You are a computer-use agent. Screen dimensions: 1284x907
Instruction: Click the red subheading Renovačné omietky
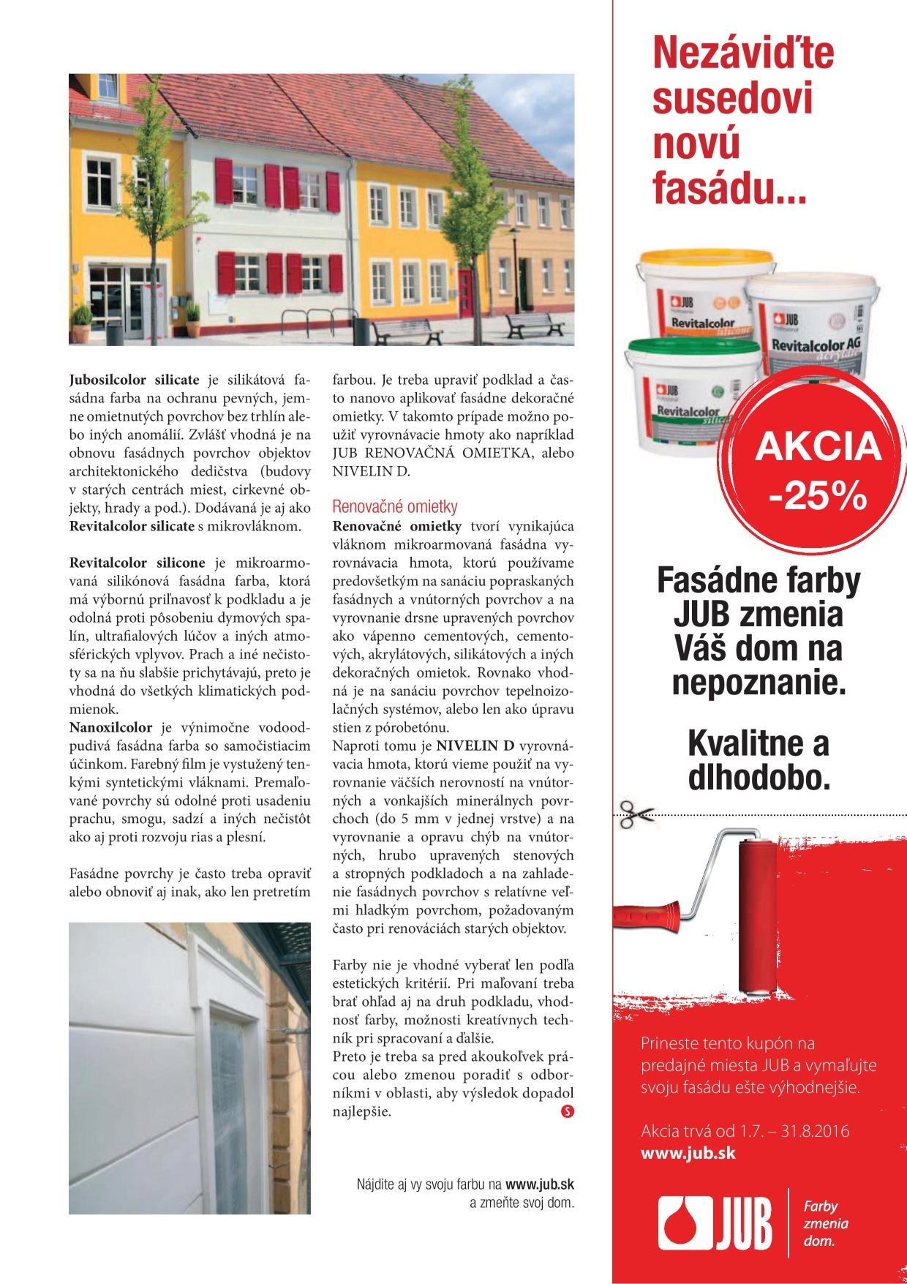395,506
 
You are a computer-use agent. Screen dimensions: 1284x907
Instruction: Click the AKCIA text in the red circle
818,446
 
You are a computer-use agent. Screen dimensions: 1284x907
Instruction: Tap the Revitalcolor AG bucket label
815,345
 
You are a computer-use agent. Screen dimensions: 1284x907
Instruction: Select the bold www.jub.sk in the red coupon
688,1154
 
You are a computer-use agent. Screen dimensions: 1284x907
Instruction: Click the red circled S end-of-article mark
568,1111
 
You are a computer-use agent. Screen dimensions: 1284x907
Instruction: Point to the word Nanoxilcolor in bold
110,728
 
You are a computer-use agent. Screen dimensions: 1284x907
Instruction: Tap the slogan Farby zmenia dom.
825,1223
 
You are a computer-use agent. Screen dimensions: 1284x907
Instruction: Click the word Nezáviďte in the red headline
742,53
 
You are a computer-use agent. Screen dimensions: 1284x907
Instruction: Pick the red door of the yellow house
467,293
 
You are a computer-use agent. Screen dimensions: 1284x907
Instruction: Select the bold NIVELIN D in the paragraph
475,746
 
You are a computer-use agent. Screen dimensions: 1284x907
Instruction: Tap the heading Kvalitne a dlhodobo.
759,761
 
